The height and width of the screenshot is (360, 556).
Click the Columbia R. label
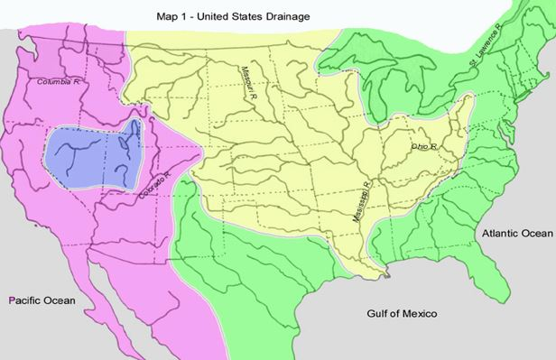point(59,82)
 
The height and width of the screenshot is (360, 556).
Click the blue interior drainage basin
point(90,153)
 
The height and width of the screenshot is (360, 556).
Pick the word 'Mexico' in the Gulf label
point(418,314)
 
